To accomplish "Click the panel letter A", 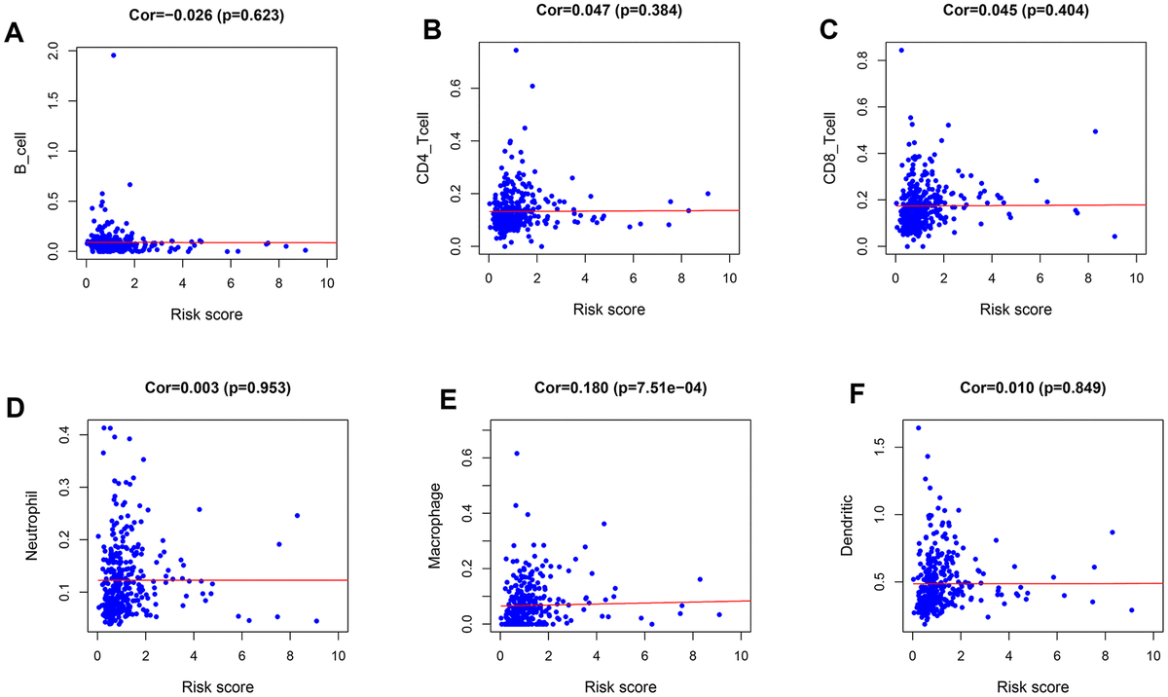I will click(x=15, y=35).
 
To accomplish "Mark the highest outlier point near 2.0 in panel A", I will click(x=113, y=55).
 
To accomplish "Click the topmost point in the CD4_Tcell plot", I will click(x=516, y=50).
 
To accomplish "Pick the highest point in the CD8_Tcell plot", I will click(x=900, y=50).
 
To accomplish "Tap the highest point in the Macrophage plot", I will click(x=517, y=453).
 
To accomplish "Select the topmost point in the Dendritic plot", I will click(x=918, y=427).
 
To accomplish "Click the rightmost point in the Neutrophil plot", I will click(x=316, y=621).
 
